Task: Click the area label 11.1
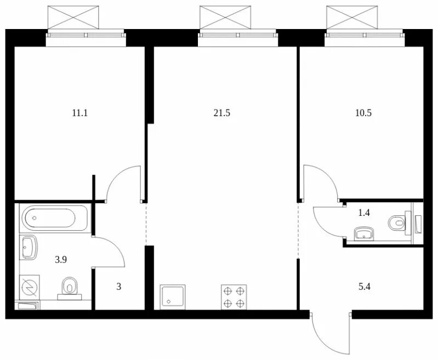tap(80, 113)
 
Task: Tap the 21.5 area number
tap(221, 113)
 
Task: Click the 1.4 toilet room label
tap(364, 213)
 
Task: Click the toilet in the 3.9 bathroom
tap(70, 287)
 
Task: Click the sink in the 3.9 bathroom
tap(29, 247)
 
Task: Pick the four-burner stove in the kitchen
tap(233, 297)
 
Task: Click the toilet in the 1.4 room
tap(396, 222)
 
